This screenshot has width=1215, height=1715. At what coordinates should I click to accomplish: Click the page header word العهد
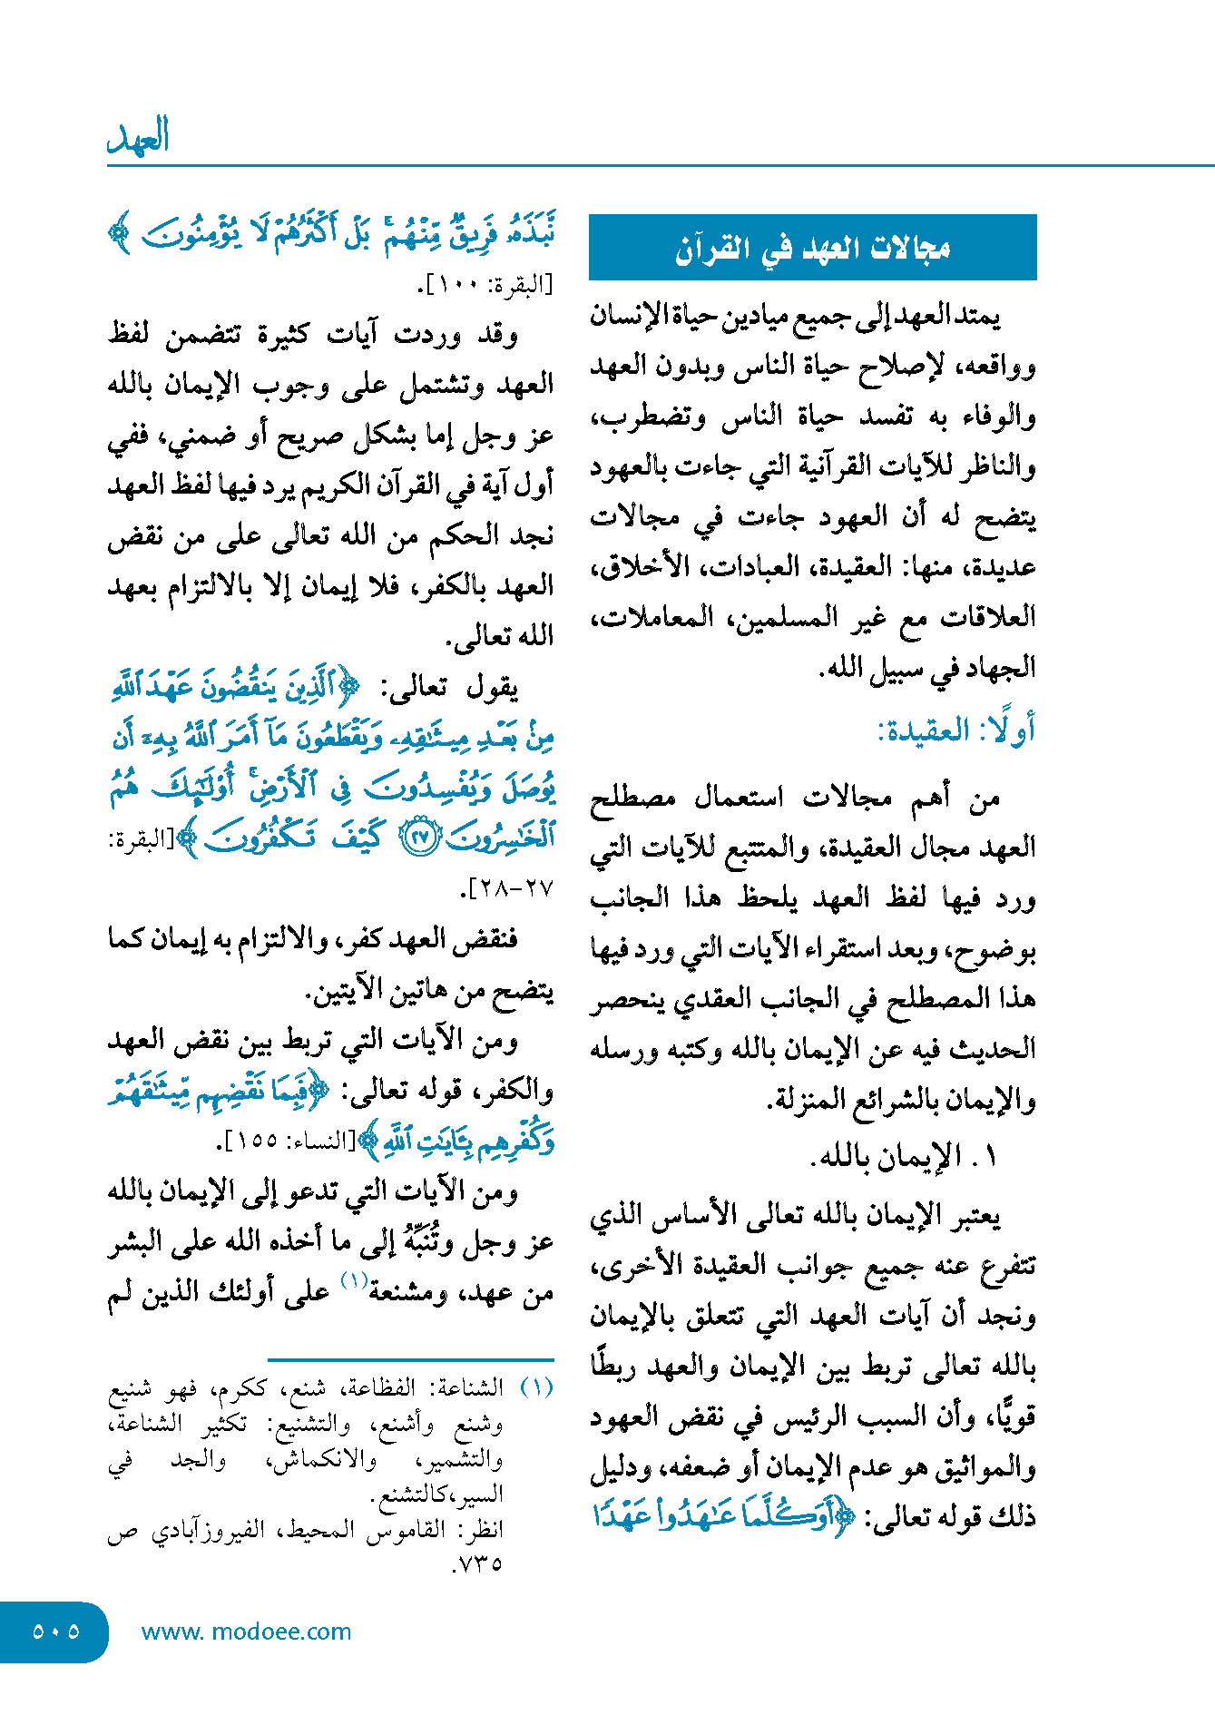pyautogui.click(x=138, y=136)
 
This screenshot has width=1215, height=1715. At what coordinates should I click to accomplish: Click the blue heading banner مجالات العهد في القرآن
pyautogui.click(x=812, y=247)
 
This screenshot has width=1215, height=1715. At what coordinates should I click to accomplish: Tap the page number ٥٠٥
pyautogui.click(x=55, y=1632)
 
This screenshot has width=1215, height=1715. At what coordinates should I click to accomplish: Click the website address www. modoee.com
pyautogui.click(x=246, y=1632)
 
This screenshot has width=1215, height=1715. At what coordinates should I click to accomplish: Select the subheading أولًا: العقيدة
pyautogui.click(x=956, y=730)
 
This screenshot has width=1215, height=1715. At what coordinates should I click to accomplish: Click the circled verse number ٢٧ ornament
pyautogui.click(x=419, y=837)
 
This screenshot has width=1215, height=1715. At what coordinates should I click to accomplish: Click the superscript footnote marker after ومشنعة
pyautogui.click(x=354, y=1280)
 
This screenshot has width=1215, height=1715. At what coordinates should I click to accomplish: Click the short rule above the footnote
pyautogui.click(x=410, y=1359)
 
